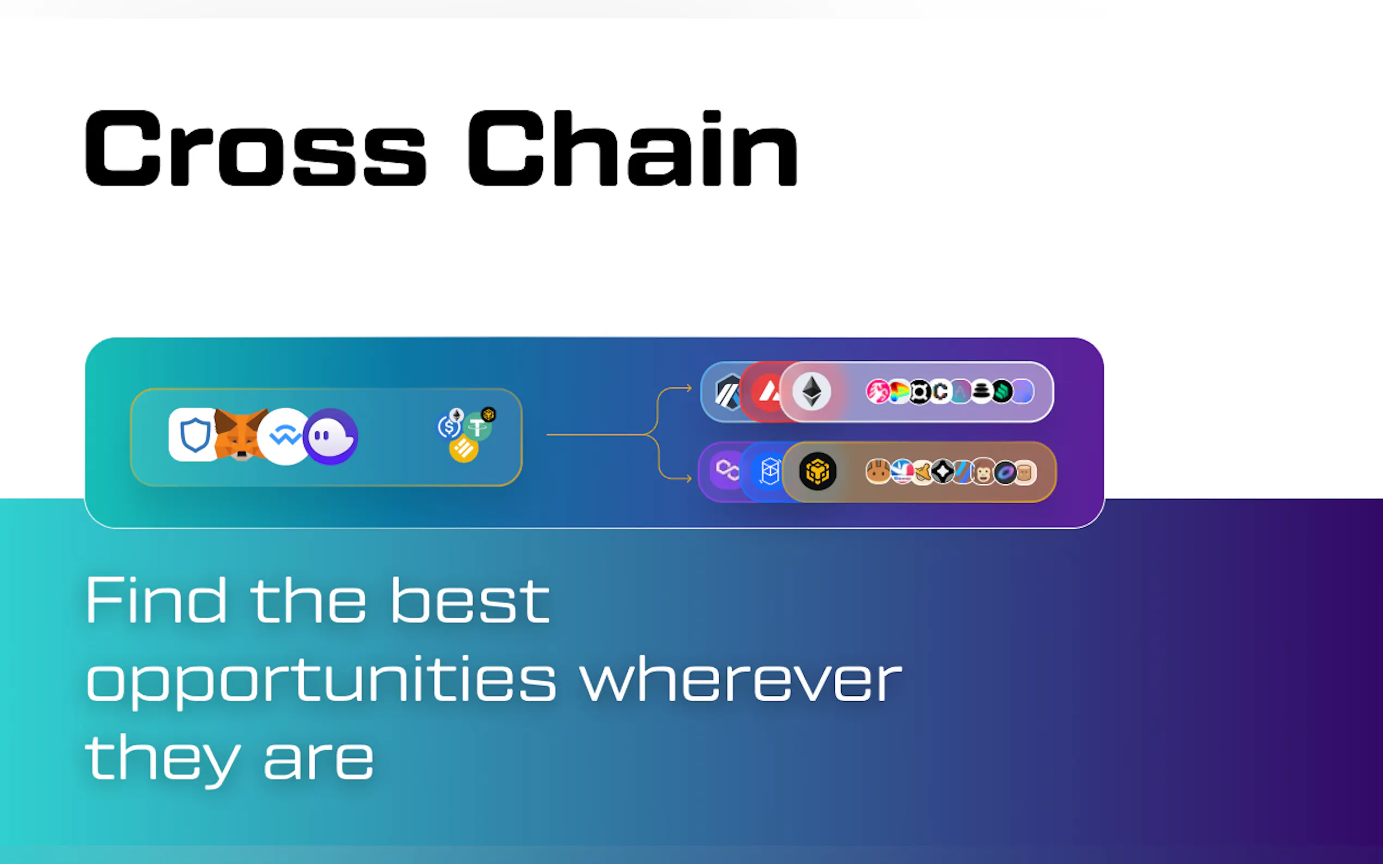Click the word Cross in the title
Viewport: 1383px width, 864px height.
tap(255, 148)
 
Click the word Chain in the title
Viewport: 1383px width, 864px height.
tap(633, 148)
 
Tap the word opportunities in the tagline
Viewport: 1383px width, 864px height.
tap(321, 680)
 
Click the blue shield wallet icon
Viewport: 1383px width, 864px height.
tap(194, 434)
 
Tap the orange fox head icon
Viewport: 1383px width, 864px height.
tap(241, 434)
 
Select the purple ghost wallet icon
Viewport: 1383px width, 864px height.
tap(331, 436)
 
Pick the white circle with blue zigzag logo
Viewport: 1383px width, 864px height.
tap(285, 436)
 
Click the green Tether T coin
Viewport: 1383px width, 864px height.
tap(477, 426)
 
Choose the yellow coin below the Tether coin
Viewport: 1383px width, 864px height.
tap(464, 449)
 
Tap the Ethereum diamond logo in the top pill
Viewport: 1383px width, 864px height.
tap(812, 392)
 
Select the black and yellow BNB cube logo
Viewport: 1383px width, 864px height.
tap(818, 471)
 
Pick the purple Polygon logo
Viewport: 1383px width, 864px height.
tap(727, 470)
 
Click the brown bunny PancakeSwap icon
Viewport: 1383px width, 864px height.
tap(878, 472)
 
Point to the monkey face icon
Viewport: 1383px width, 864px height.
tap(983, 472)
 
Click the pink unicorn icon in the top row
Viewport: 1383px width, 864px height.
tap(878, 392)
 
